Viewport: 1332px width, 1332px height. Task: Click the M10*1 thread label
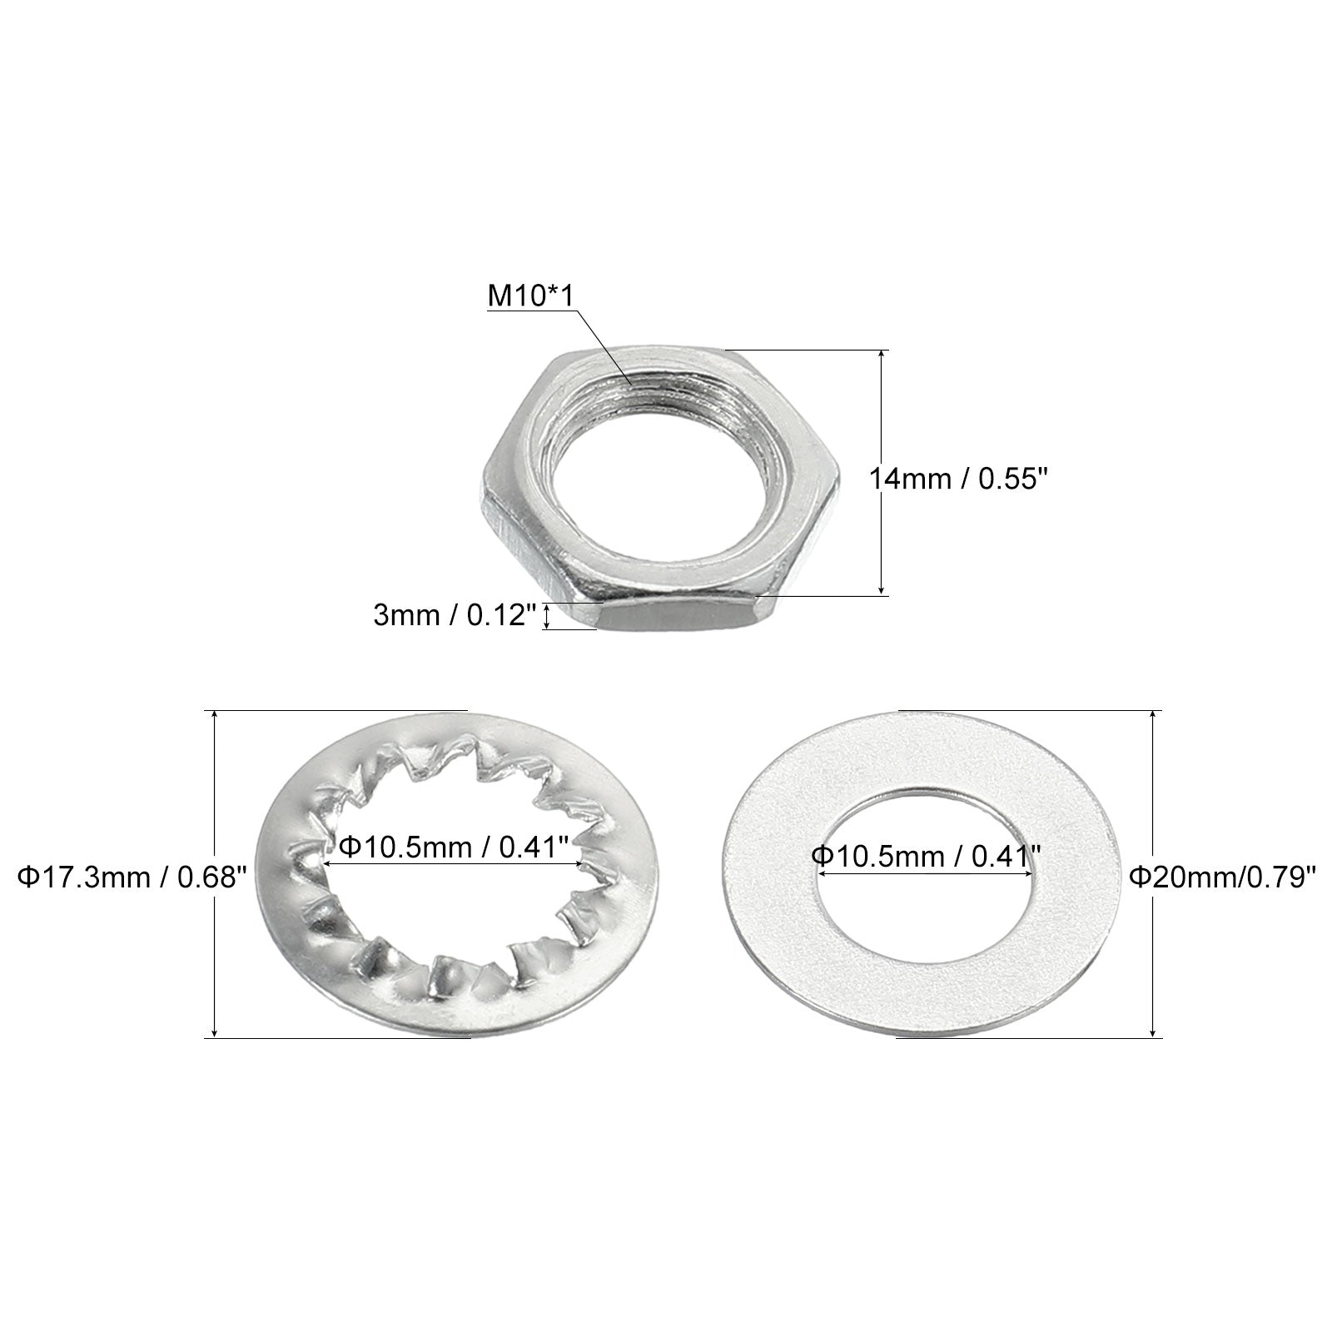coord(530,297)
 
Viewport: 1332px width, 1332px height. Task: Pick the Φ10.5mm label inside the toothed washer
coord(454,847)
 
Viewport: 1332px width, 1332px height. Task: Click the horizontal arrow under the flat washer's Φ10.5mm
coord(925,873)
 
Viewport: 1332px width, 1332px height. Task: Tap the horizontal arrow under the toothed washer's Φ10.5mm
coord(455,865)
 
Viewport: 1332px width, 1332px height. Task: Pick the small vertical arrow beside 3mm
coord(546,617)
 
